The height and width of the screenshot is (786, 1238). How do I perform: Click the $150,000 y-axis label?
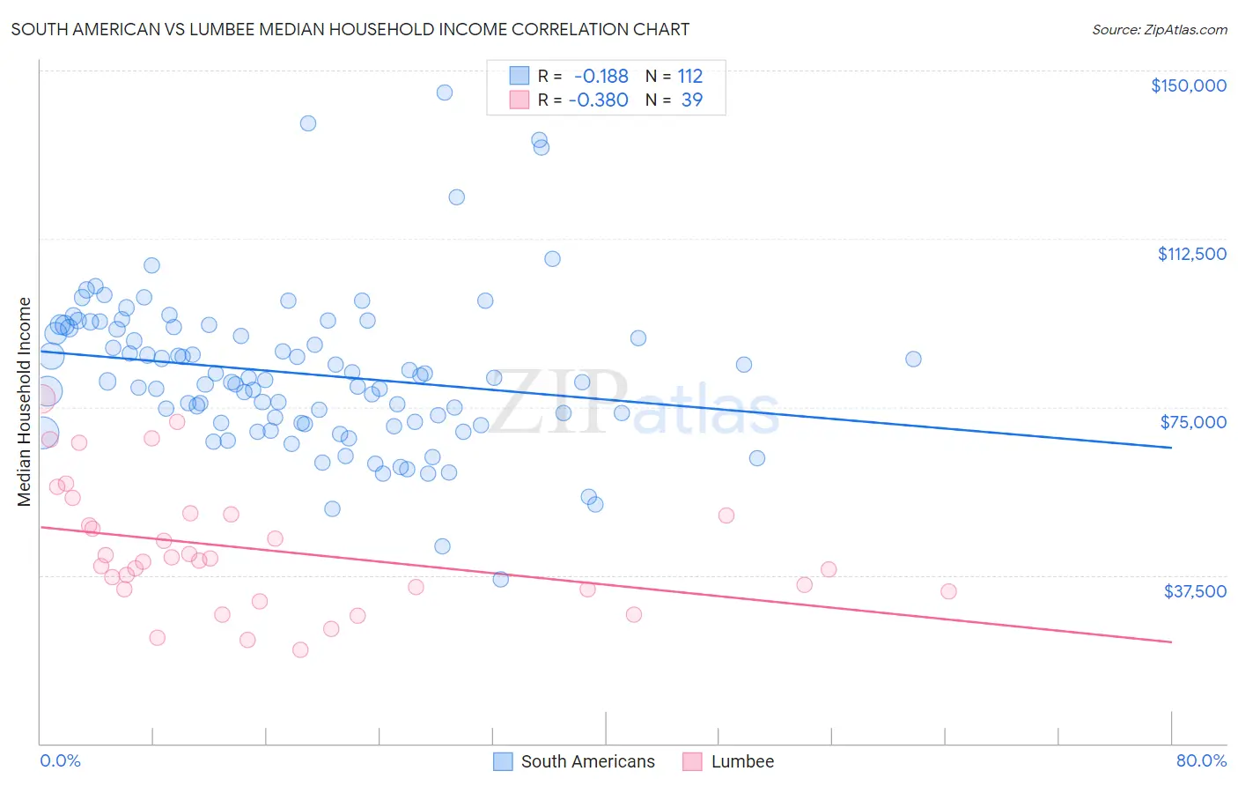tap(1188, 85)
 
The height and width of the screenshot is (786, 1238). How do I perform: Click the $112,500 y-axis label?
tap(1191, 254)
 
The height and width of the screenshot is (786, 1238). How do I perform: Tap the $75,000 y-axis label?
tap(1193, 422)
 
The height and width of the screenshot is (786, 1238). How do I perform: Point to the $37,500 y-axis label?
tap(1195, 591)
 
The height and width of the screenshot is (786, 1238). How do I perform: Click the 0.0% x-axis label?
tap(60, 761)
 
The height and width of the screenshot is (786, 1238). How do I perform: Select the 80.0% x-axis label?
tap(1201, 761)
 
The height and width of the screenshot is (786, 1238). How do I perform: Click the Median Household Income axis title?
tap(25, 402)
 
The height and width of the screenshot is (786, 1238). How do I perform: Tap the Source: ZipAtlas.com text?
tap(1159, 29)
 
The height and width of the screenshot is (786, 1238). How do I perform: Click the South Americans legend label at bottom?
tap(587, 761)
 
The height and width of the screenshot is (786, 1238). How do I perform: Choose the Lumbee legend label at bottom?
tap(742, 761)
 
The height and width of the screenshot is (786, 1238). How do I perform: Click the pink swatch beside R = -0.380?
tap(520, 100)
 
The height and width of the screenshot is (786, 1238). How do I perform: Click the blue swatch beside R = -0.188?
tap(520, 76)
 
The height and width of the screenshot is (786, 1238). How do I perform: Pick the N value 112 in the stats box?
tap(690, 76)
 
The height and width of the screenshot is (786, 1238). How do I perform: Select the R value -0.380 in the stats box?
tap(599, 100)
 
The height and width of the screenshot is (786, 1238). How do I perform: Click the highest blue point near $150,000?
tap(445, 93)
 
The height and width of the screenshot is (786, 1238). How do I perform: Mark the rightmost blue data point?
tap(913, 359)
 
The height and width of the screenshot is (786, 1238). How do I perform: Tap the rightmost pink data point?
tap(948, 591)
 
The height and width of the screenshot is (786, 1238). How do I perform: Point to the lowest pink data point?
tap(300, 649)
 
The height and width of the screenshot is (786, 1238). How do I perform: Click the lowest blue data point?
tap(500, 579)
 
